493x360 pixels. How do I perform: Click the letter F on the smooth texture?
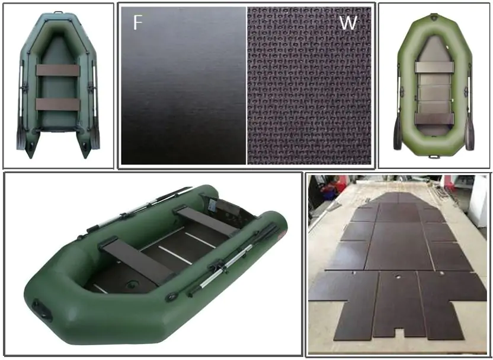137,22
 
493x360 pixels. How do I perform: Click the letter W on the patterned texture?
348,23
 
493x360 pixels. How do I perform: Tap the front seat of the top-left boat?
58,71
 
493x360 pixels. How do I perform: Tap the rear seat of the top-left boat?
58,104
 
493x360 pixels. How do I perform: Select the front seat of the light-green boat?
434,67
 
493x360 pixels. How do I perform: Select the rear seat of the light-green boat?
434,119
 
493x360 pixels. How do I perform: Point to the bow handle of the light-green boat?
434,15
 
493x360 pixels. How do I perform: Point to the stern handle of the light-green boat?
434,156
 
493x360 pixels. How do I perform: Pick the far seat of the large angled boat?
206,220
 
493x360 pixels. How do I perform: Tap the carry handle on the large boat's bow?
42,310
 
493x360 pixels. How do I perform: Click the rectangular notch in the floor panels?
399,333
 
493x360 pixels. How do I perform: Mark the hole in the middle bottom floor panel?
398,276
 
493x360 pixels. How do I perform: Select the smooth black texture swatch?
184,85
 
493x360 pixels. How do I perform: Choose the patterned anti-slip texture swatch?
309,85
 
